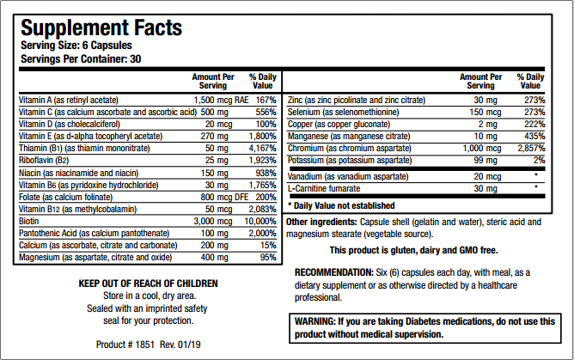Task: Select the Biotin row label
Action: pos(30,221)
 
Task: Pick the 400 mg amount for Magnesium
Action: pos(215,257)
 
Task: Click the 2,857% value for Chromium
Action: pos(528,148)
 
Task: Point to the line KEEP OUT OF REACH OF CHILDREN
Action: pos(149,284)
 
